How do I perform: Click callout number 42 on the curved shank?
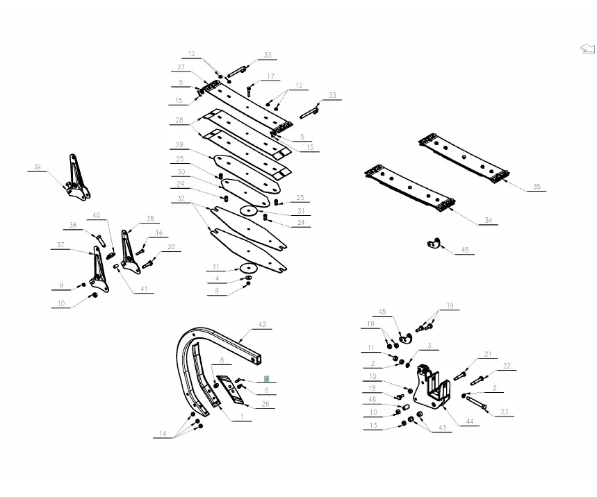click(262, 325)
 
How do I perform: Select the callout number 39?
click(38, 167)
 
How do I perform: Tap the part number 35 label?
click(536, 187)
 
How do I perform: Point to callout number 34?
click(488, 221)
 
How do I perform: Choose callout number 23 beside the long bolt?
click(505, 412)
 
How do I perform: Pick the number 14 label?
click(163, 434)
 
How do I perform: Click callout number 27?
click(181, 67)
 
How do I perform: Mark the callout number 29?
click(179, 145)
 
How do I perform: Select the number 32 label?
click(181, 199)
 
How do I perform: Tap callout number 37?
click(60, 245)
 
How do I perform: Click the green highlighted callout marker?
click(266, 379)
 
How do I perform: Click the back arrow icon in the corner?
click(587, 49)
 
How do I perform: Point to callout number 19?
click(450, 305)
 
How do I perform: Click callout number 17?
click(270, 76)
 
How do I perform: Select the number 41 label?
click(145, 289)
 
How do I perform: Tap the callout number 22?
click(507, 366)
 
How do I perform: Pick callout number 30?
click(181, 172)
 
